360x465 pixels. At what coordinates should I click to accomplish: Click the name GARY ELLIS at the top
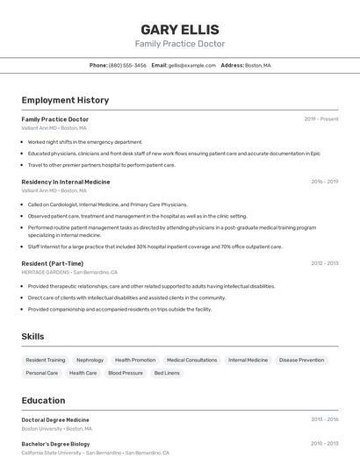(x=179, y=29)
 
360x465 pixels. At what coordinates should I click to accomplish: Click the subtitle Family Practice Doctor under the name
(x=179, y=44)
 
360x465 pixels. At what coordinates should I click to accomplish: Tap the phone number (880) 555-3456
(x=128, y=65)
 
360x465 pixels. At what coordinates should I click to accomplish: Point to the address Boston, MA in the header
(x=257, y=65)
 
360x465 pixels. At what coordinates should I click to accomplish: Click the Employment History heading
(x=65, y=100)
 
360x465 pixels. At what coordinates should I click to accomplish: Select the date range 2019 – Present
(x=321, y=119)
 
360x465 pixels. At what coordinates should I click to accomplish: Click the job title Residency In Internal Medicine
(x=66, y=182)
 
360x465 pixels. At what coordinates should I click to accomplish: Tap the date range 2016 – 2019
(x=324, y=182)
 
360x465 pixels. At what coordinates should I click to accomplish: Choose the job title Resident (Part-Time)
(x=53, y=263)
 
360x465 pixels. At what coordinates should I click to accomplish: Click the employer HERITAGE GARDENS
(x=45, y=272)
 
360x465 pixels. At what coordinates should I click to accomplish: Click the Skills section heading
(x=32, y=336)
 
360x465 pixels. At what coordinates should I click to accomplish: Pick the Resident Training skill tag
(x=46, y=360)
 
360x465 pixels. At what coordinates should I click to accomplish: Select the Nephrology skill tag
(x=90, y=360)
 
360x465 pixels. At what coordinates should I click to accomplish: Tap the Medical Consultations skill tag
(x=191, y=360)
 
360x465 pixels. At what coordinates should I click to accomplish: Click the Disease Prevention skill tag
(x=301, y=360)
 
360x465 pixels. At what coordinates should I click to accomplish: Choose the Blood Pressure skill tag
(x=126, y=373)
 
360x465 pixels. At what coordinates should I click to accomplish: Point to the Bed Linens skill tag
(x=167, y=373)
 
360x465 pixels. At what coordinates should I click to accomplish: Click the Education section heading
(x=43, y=400)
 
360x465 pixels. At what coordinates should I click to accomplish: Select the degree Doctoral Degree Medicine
(x=55, y=419)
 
